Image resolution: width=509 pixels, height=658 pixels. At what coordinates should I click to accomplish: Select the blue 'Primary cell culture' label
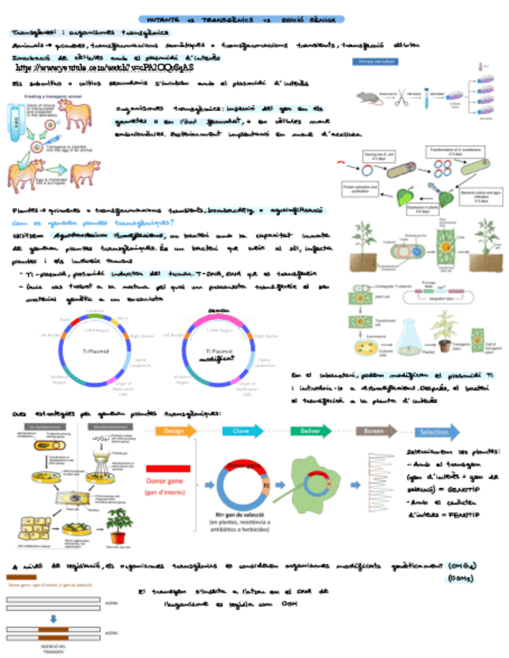[377, 61]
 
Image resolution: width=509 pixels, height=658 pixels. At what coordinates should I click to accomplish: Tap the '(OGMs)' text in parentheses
[460, 578]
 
